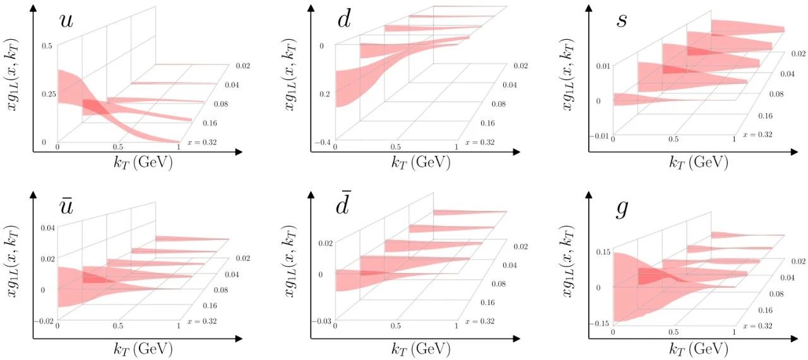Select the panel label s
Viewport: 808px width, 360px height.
pos(622,20)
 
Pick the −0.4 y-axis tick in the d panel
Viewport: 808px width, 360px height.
pos(323,143)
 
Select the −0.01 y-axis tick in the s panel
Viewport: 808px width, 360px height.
pos(598,136)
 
